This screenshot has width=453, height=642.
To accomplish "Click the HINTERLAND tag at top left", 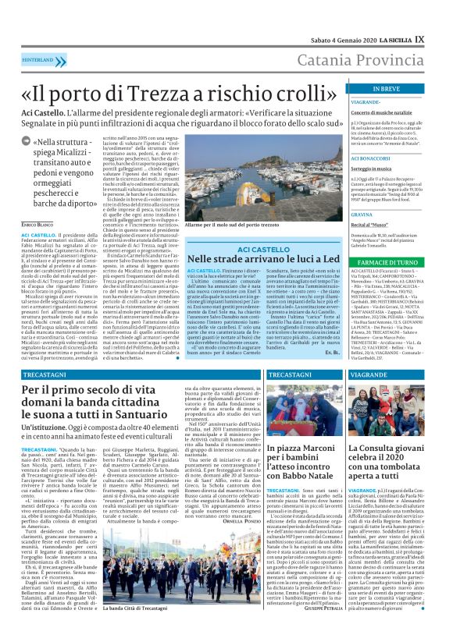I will (37, 59).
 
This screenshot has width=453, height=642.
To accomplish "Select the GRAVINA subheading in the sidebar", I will (362, 213).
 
